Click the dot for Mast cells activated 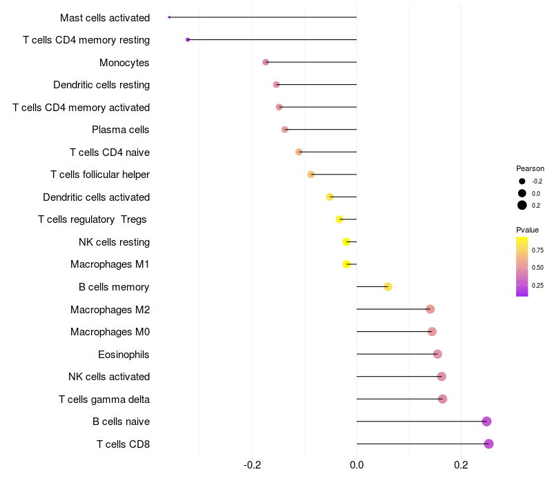169,17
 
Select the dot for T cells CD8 489,444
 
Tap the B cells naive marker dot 486,422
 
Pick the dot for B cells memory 388,287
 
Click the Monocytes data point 266,62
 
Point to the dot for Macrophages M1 346,264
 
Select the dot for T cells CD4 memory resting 188,40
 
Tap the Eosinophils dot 437,354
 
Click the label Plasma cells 121,130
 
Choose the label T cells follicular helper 100,175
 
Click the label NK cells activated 109,377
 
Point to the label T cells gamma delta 104,400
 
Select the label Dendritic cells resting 101,85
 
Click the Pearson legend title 530,168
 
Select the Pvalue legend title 527,230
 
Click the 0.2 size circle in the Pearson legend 522,205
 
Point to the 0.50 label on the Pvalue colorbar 538,267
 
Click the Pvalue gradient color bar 522,266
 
